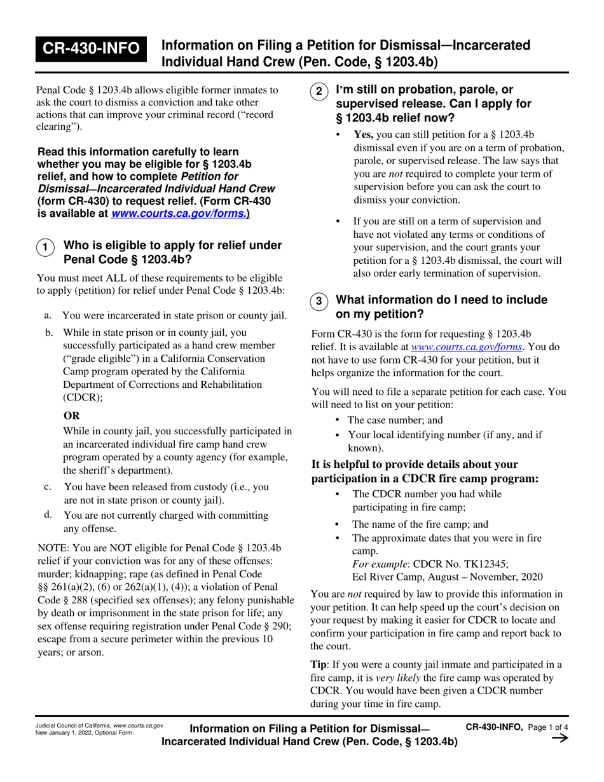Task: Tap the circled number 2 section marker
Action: coord(319,92)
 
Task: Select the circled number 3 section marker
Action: coord(319,301)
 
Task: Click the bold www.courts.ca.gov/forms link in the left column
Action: coord(177,214)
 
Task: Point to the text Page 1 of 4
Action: coord(548,727)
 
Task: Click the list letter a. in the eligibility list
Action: coord(48,315)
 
